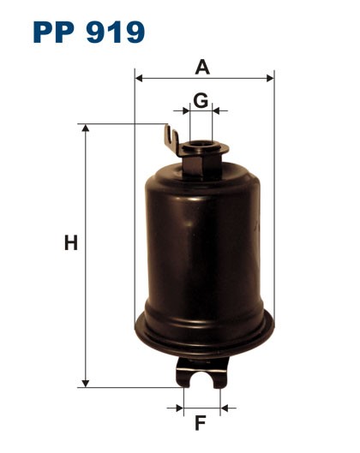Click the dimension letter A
coord(202,66)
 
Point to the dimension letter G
coord(200,99)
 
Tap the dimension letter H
coord(71,244)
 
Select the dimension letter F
coord(201,422)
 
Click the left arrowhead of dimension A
coord(138,79)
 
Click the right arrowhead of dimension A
coord(271,79)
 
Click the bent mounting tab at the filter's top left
coord(171,138)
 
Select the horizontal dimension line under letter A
coord(171,79)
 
